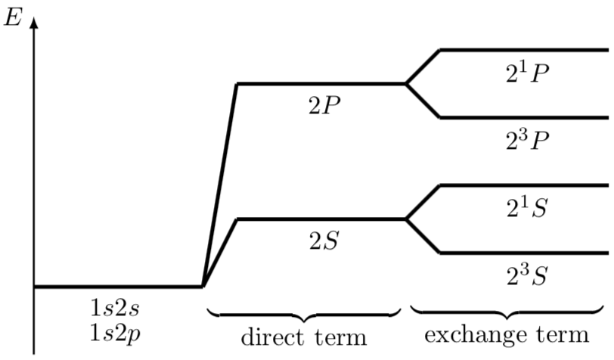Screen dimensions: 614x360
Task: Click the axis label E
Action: (x=12, y=17)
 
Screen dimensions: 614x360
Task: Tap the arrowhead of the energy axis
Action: (x=34, y=23)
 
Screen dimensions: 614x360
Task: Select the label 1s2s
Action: (x=114, y=309)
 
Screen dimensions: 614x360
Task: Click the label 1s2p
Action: (x=115, y=334)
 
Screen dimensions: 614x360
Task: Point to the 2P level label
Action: (x=324, y=106)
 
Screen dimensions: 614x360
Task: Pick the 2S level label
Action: (x=324, y=242)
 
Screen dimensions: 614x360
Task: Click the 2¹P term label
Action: (x=527, y=73)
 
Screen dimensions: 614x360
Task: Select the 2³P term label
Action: (x=527, y=141)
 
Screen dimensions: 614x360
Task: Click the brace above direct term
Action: (x=304, y=315)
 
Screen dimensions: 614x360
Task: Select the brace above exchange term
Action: (x=507, y=312)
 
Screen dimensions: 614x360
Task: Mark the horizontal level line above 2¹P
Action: (x=524, y=50)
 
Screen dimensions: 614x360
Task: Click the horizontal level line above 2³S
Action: (x=524, y=253)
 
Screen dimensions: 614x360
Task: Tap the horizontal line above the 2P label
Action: (x=321, y=84)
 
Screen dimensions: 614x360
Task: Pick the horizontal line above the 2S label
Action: (x=321, y=219)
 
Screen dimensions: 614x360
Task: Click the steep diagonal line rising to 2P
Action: (x=220, y=185)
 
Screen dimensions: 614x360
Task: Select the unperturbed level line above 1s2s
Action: (x=118, y=287)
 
